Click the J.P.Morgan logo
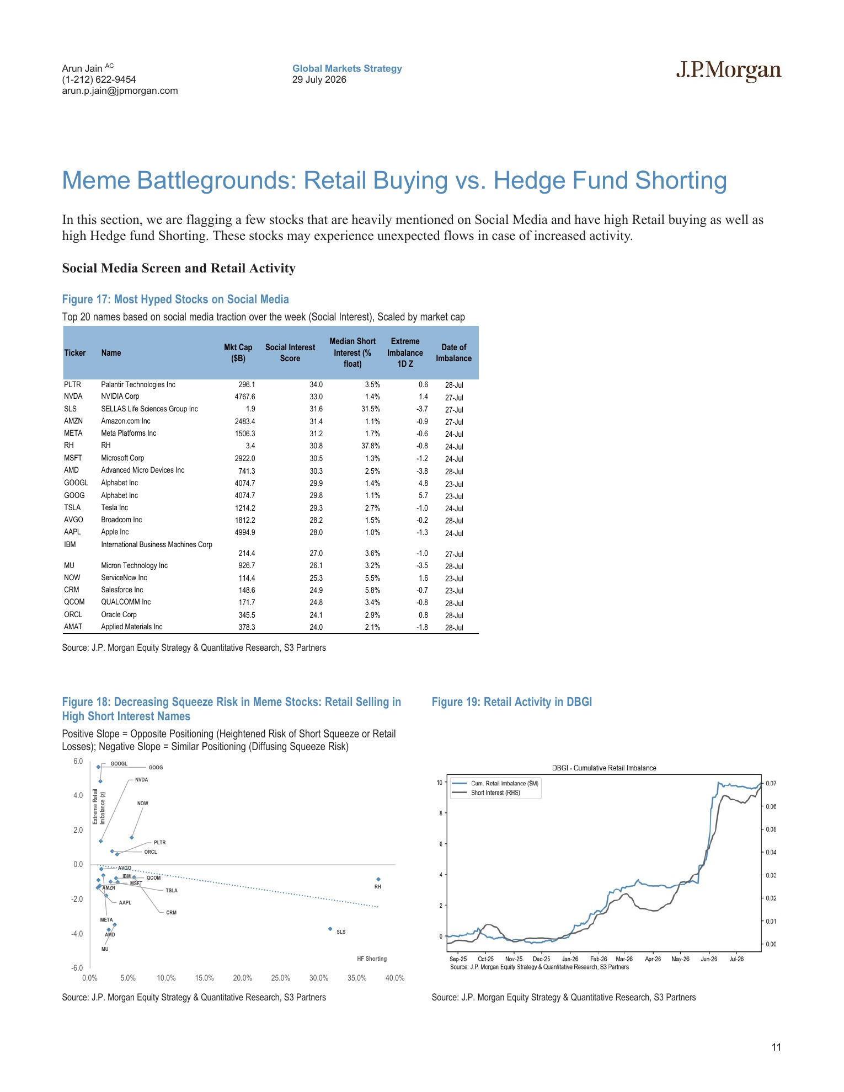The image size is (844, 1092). (x=729, y=71)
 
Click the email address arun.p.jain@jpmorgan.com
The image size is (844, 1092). (x=120, y=90)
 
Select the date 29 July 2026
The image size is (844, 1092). (x=319, y=79)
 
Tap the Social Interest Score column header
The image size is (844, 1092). (x=290, y=352)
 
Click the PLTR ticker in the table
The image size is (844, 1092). (x=72, y=384)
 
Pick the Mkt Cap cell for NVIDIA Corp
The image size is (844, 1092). (x=245, y=397)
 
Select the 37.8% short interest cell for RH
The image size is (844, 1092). (x=371, y=446)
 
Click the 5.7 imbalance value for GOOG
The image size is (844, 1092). (x=423, y=495)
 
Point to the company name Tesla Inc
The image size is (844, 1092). (x=114, y=507)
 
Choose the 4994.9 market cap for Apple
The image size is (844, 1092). (x=245, y=532)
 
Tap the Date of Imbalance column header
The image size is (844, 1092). (x=454, y=352)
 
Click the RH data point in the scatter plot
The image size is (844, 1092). (x=378, y=879)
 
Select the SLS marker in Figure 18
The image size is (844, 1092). (x=330, y=929)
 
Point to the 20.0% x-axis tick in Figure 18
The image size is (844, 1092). (x=242, y=978)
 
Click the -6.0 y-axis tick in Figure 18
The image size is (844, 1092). (x=77, y=968)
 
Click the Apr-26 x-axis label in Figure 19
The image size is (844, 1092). (x=653, y=959)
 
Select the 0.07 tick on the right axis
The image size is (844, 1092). (x=771, y=783)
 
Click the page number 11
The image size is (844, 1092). (x=776, y=1047)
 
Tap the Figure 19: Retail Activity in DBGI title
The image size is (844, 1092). (x=512, y=702)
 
